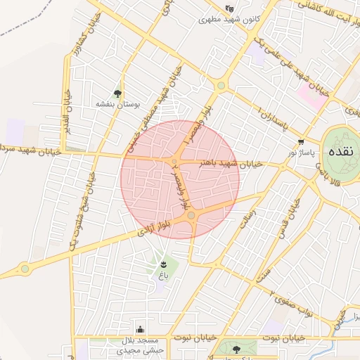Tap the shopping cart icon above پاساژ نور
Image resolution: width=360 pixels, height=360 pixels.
(301, 141)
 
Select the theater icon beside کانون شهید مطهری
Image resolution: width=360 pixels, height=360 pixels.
(229, 8)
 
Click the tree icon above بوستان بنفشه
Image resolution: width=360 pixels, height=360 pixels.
(117, 93)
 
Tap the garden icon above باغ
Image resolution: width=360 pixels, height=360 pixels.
(163, 262)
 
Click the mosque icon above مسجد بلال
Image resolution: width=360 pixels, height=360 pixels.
(141, 329)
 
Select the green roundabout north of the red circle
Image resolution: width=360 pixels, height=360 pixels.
(221, 86)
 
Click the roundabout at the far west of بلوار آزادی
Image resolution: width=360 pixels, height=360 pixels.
(25, 268)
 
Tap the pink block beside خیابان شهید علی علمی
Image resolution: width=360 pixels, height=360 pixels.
(312, 96)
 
